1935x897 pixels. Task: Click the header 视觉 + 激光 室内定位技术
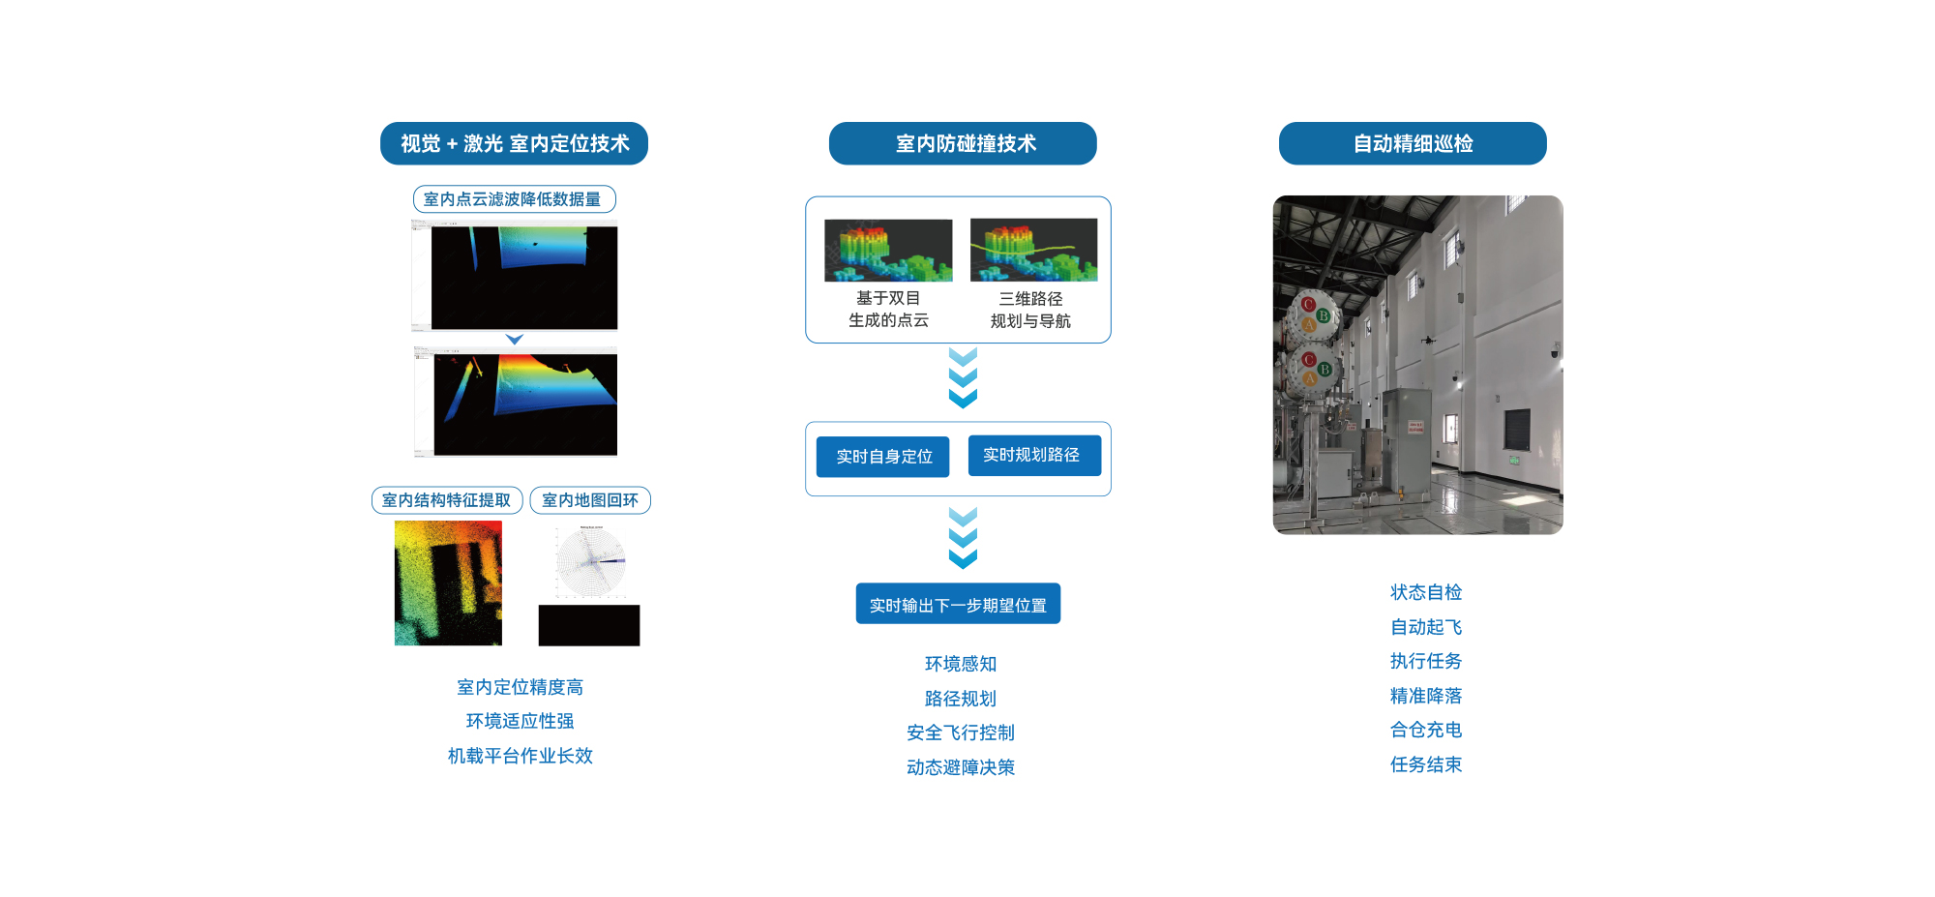514,143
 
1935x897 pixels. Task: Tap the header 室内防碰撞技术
963,143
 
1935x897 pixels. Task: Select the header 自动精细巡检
1413,143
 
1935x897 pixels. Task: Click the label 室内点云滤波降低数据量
514,199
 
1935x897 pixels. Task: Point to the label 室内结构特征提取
447,500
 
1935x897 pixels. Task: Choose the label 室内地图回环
590,500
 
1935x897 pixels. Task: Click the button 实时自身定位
882,457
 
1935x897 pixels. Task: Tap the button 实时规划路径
1033,455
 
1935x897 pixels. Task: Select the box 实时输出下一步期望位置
958,604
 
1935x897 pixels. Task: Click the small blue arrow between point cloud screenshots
515,340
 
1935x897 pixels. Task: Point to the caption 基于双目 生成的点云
888,310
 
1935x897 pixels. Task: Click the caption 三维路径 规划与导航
1031,310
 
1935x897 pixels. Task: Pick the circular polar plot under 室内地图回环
591,561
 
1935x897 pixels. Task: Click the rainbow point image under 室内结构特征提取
448,583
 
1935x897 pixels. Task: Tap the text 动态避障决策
961,767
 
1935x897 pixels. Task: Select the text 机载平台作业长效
520,756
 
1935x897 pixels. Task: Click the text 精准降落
1426,696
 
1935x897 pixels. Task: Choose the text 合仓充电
1426,730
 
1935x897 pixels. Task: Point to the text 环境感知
961,664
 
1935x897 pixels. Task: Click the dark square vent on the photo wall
1516,430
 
